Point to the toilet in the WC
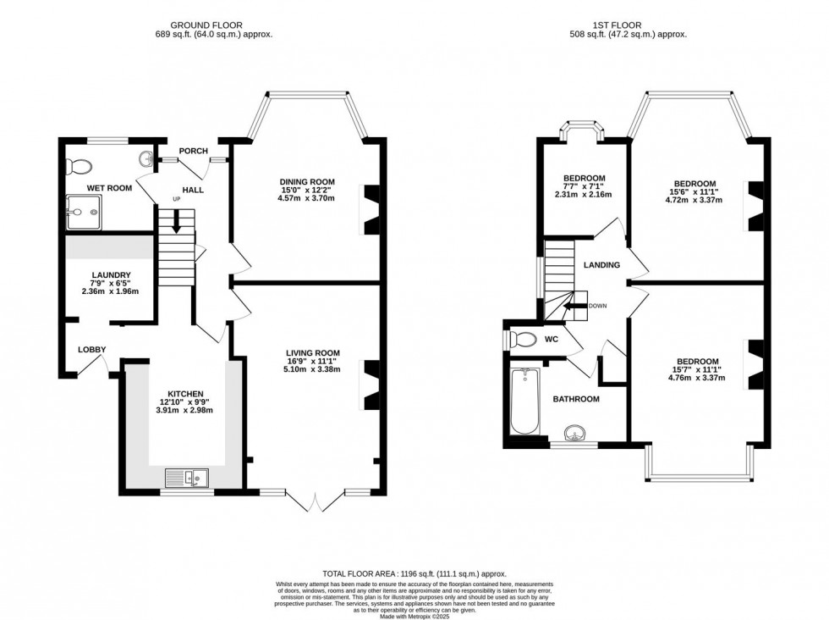(524, 340)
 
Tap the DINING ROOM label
(307, 181)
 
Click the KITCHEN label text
(184, 394)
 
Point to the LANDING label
(601, 265)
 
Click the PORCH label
(193, 152)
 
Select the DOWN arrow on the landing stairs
(578, 307)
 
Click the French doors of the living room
(315, 501)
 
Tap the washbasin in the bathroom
(576, 435)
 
